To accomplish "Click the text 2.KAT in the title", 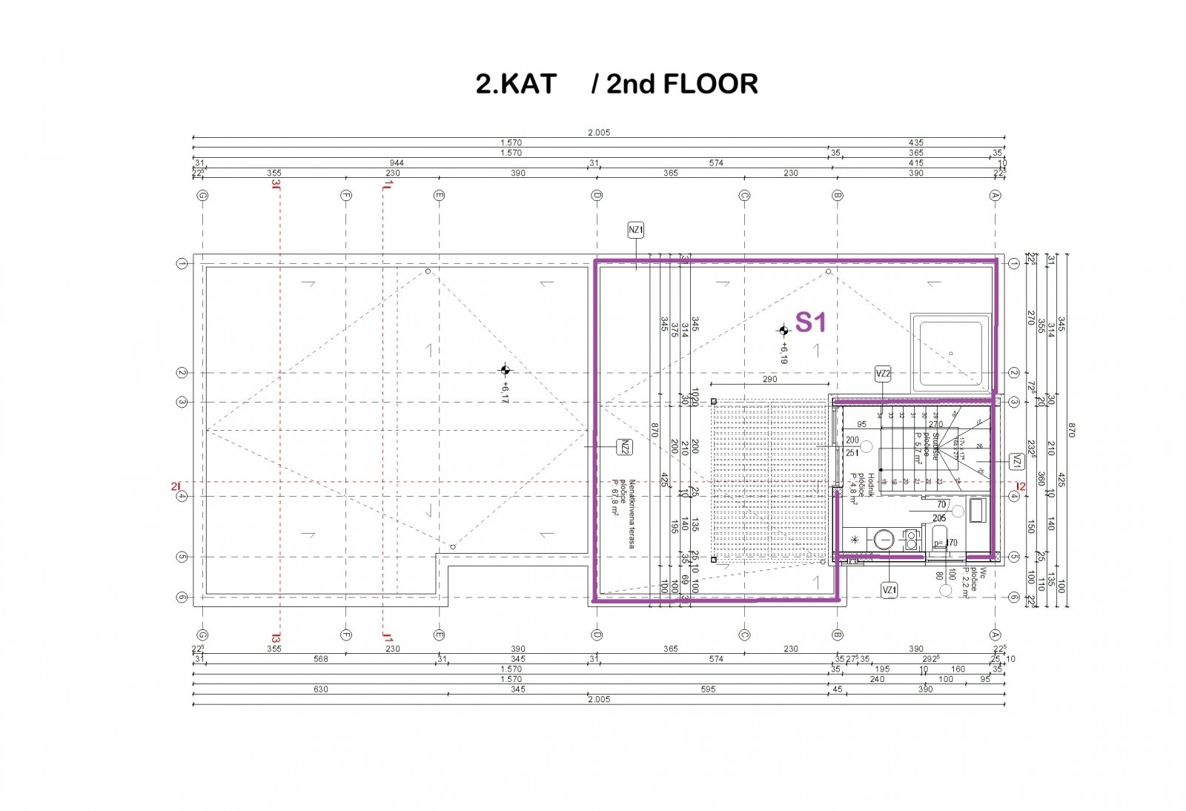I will (515, 84).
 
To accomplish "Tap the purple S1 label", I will (810, 322).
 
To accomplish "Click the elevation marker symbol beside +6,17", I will (505, 370).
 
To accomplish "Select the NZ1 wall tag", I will (636, 230).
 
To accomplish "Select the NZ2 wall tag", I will (625, 447).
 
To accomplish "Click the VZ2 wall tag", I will (882, 374).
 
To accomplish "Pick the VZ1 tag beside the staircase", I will (1016, 461).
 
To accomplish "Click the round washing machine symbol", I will (884, 540).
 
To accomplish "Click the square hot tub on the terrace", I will (951, 353).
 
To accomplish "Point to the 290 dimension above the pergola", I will (769, 379).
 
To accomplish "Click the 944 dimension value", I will (397, 162).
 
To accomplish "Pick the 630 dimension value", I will (320, 689).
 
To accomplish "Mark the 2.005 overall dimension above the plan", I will (598, 133).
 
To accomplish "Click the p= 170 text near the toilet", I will (945, 543).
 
